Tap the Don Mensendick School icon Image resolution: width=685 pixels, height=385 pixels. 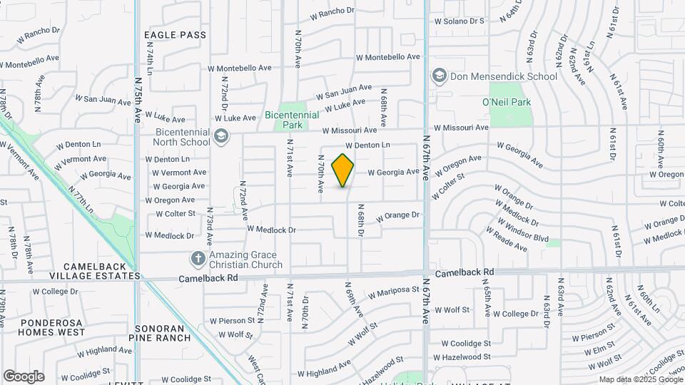tap(439, 76)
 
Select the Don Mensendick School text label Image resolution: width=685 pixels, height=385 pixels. tap(504, 76)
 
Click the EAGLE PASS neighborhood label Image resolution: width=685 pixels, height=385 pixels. tap(175, 35)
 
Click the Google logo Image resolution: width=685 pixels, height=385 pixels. tap(24, 376)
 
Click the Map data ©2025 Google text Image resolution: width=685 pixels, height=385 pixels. tap(640, 379)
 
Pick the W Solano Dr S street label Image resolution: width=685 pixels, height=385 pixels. tap(460, 21)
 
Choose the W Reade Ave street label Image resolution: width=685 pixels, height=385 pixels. tap(506, 240)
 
